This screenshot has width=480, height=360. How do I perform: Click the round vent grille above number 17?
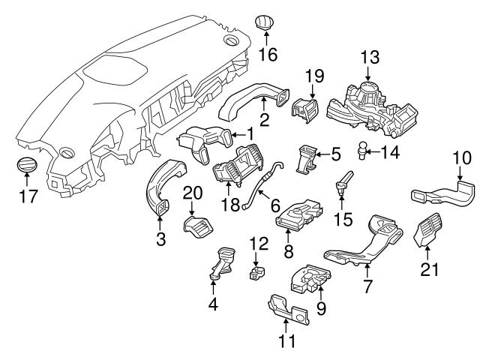[x=26, y=166]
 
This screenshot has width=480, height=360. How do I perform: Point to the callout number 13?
[x=368, y=58]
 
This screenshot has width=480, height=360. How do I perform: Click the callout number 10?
[x=462, y=158]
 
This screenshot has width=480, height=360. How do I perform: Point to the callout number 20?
[x=193, y=193]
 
